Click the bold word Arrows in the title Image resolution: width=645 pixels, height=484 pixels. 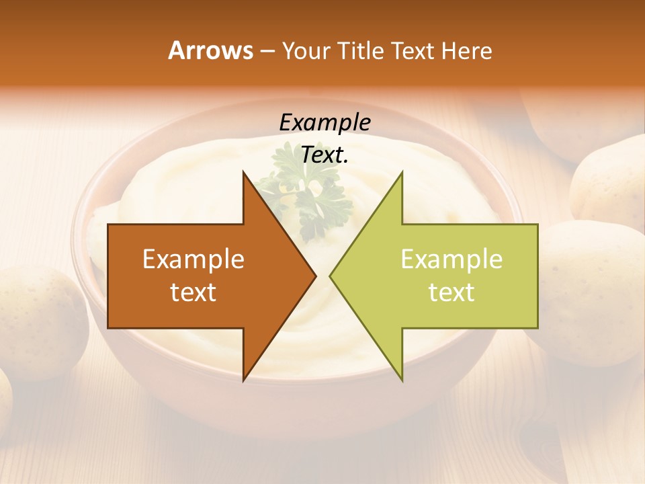[211, 50]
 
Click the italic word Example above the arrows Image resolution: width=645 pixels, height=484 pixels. [325, 122]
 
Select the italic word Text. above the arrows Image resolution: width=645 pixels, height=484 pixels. [325, 155]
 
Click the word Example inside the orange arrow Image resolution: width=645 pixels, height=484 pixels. [193, 259]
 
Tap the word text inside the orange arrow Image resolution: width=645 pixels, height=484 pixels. [193, 292]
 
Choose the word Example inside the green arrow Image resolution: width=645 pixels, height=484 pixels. [451, 259]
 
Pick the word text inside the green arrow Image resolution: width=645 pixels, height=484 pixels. [451, 292]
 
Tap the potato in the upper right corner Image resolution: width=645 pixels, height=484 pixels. [608, 182]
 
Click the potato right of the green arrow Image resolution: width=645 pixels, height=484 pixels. [591, 282]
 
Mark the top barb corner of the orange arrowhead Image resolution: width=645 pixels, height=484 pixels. [243, 171]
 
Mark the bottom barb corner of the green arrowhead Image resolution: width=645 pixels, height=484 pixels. [402, 380]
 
